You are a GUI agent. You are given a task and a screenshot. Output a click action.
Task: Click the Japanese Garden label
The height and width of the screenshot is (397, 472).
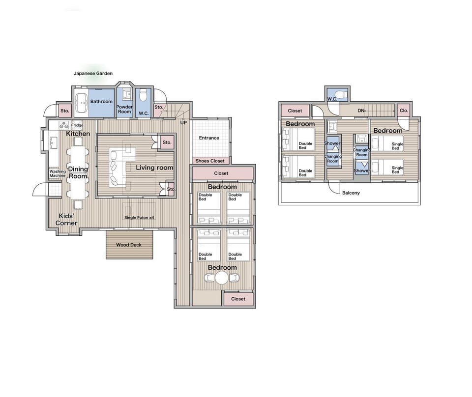click(93, 73)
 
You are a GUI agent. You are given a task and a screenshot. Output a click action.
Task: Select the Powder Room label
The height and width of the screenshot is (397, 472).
click(124, 109)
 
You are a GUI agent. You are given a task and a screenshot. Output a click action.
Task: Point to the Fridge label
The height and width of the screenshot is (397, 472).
click(77, 125)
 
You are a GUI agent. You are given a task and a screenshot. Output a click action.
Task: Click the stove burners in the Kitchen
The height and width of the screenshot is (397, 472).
click(64, 125)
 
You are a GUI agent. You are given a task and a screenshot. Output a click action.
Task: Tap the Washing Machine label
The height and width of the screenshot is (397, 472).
click(58, 173)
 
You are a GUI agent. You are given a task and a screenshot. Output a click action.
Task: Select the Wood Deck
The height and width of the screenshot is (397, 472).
click(129, 245)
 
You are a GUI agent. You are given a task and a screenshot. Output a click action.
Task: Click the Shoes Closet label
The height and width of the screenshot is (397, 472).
click(210, 161)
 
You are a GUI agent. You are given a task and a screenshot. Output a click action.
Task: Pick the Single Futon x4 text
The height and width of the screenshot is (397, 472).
click(139, 218)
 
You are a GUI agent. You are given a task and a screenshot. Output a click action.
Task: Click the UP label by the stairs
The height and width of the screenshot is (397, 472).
click(183, 123)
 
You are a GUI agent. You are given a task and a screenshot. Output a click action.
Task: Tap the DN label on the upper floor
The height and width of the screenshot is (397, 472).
click(361, 111)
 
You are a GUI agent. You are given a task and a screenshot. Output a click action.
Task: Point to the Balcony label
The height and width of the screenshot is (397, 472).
click(351, 193)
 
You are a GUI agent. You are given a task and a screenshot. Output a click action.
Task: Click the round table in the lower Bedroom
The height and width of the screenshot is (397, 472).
click(222, 278)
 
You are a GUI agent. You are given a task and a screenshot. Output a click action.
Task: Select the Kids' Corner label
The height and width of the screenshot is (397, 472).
click(66, 220)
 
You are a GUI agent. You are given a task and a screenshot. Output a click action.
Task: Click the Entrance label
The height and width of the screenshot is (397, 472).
click(209, 138)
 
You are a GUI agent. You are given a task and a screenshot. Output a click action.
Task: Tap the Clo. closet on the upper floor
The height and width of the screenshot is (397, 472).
click(404, 111)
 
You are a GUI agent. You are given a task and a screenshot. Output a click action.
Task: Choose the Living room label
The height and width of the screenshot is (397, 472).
click(154, 168)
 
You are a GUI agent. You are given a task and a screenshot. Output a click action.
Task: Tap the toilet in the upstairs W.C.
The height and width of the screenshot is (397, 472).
click(342, 94)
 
